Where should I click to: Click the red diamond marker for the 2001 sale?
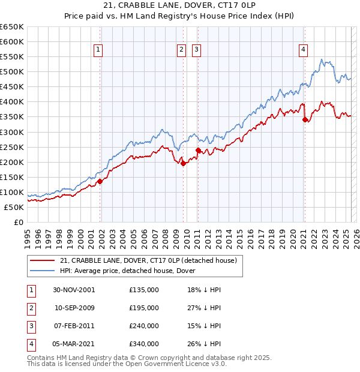(100, 181)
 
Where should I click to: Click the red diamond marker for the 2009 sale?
(183, 163)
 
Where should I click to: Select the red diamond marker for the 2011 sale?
(198, 150)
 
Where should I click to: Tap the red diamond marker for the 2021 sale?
(305, 119)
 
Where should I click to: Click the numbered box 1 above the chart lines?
(97, 50)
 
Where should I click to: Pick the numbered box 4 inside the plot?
(304, 50)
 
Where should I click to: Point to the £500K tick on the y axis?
(12, 72)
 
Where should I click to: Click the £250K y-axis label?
(12, 147)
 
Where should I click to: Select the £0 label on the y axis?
(17, 223)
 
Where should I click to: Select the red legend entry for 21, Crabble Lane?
(148, 260)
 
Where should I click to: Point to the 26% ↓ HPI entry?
(204, 344)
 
